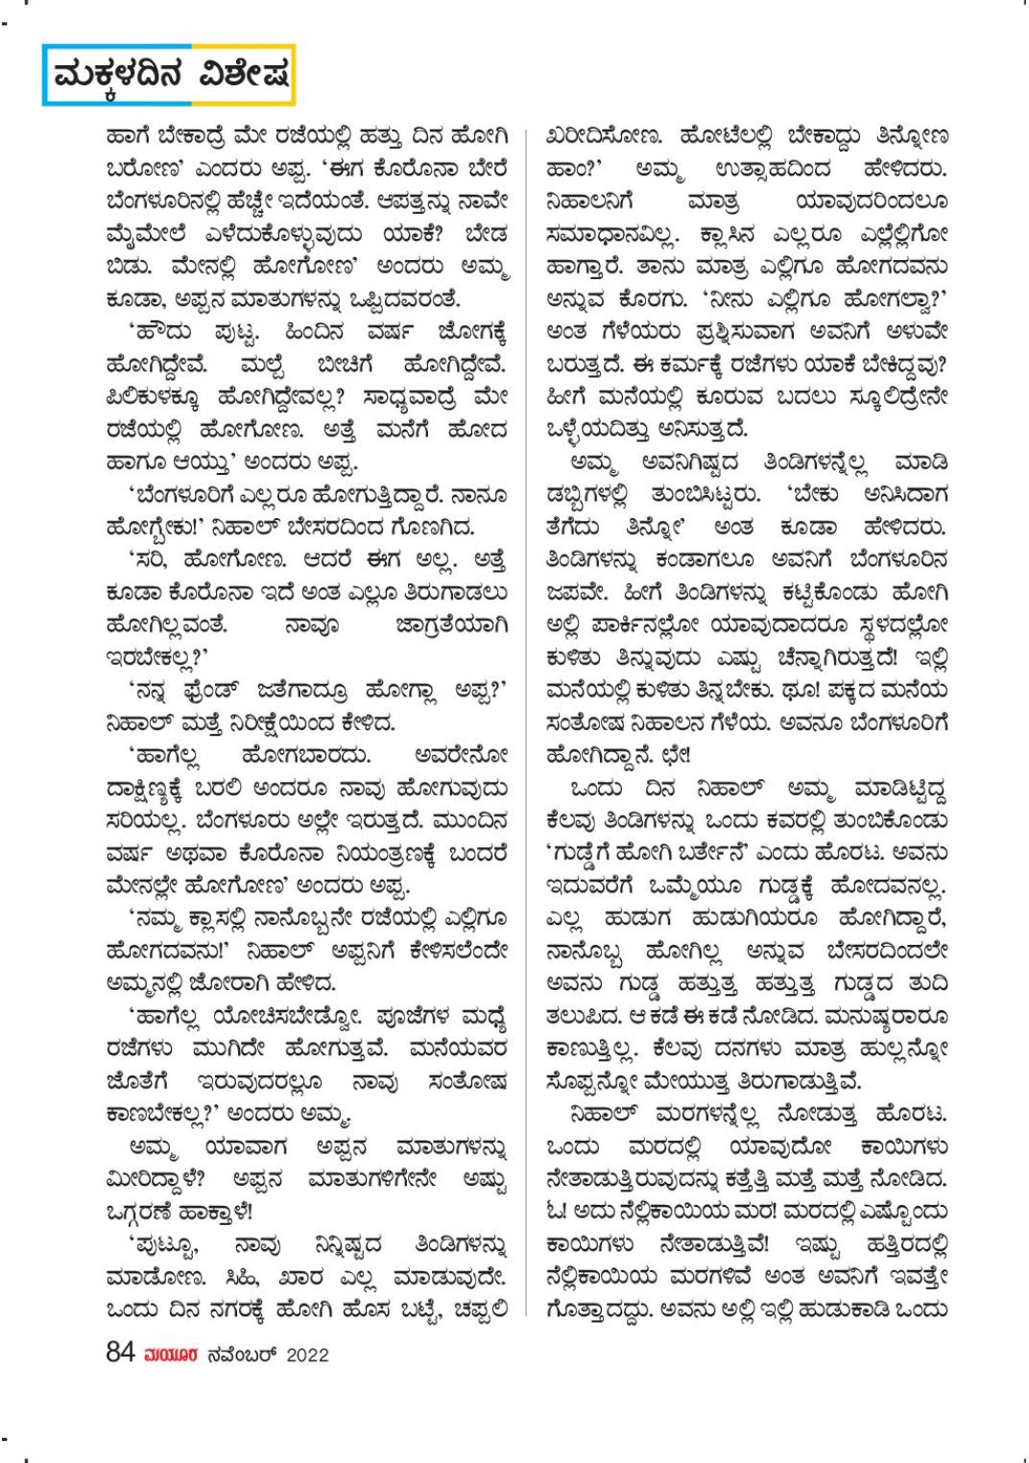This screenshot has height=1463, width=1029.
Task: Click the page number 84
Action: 119,1354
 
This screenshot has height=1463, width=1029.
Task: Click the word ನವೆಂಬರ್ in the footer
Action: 232,1355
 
